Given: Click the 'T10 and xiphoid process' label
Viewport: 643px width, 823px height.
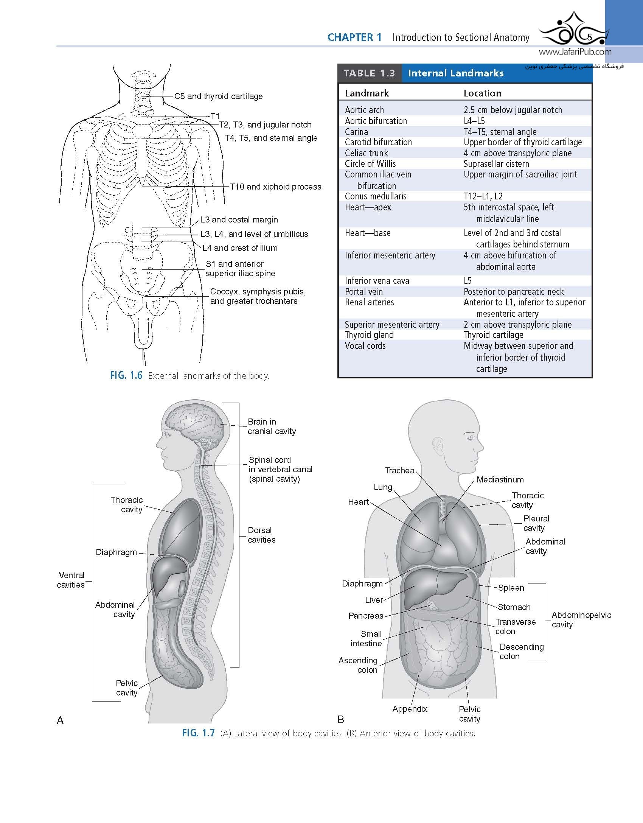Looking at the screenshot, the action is tap(276, 187).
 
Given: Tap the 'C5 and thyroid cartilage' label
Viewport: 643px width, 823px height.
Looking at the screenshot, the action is tap(218, 96).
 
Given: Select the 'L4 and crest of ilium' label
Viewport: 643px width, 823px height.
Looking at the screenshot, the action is tap(240, 248).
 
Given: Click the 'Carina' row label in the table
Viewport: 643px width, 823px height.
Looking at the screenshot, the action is tap(356, 132).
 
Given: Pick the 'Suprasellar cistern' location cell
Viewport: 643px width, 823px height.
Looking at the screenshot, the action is tap(496, 164).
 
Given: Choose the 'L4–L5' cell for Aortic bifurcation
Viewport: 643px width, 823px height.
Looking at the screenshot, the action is tap(474, 121).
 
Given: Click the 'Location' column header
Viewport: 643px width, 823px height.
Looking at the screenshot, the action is tap(482, 93).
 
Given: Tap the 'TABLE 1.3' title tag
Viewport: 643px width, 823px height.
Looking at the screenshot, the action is tap(370, 73).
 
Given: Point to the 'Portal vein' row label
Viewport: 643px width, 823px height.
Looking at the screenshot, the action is tap(364, 292).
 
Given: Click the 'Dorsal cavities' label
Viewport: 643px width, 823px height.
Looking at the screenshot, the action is tap(261, 535).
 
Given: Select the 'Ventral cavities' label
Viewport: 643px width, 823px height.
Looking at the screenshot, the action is tap(71, 580).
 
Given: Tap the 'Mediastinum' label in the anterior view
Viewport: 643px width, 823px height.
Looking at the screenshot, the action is tap(500, 479).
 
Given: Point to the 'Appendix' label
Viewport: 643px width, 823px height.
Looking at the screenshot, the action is tap(410, 709).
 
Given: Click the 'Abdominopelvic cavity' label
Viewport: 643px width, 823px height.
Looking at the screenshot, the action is tap(581, 619).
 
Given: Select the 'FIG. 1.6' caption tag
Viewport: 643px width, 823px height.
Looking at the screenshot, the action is tap(126, 375).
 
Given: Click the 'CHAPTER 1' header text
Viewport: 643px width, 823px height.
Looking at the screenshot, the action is tap(355, 37).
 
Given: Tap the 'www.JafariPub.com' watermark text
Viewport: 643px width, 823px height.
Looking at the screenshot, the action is tap(575, 52).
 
